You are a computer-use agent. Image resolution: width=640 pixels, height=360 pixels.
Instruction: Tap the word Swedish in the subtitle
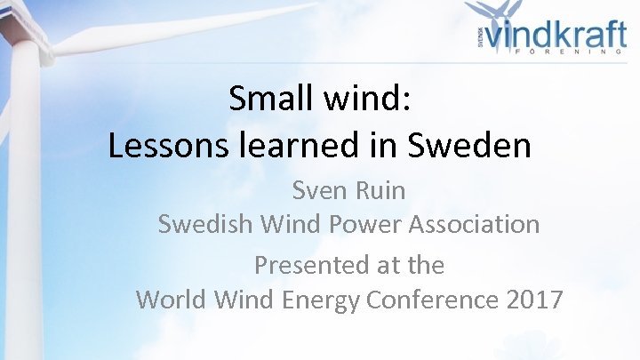(205, 225)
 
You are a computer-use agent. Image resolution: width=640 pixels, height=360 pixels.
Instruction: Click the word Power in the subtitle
(364, 225)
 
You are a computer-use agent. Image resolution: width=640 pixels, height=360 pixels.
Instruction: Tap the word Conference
(432, 300)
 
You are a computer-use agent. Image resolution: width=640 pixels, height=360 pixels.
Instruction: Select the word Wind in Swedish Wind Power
(287, 225)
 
